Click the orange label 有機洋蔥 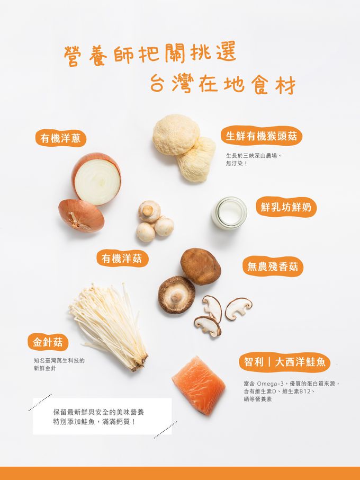pos(60,138)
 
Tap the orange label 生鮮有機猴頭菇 pos(261,136)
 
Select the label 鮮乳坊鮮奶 pos(286,207)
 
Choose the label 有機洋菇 pos(122,259)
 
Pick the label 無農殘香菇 pos(272,266)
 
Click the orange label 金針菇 pos(48,342)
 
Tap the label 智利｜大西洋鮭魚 pos(284,362)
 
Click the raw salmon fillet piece pos(199,385)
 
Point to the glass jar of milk pos(229,213)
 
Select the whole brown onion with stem pos(82,215)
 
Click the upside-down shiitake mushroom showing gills pos(176,295)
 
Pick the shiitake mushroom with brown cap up pos(201,266)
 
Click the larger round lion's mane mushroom pos(176,135)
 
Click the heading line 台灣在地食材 pos(223,84)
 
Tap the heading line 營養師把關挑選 pos(150,55)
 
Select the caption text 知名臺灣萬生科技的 pos(59,361)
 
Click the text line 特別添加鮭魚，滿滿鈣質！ pos(94,422)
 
